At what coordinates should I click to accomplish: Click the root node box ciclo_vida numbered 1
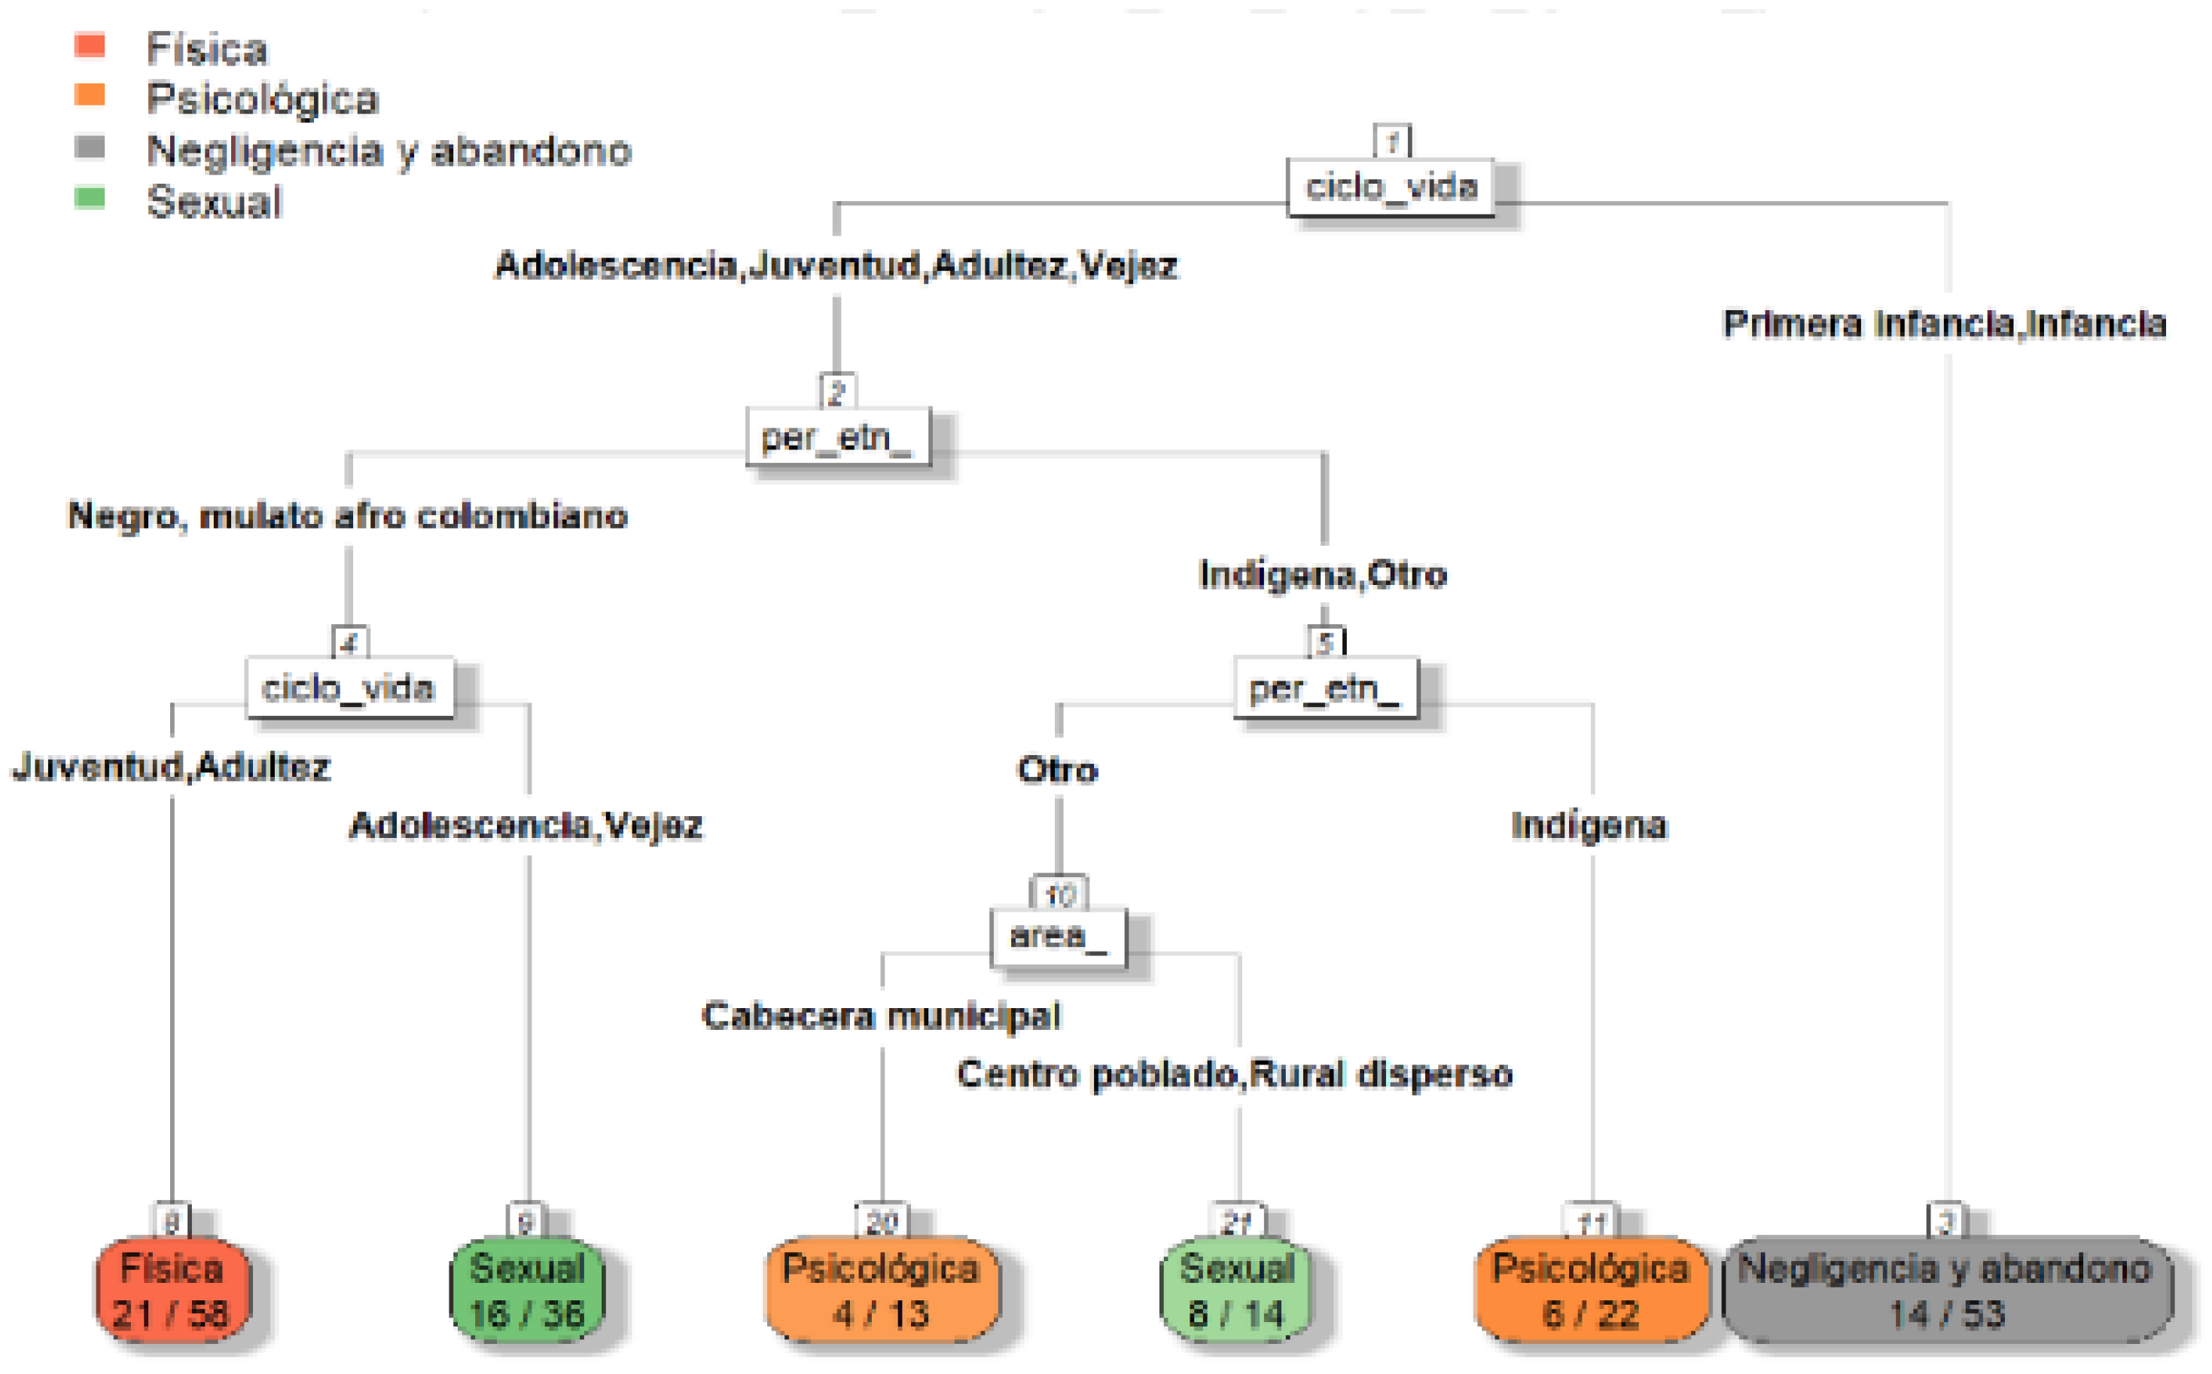coord(1391,188)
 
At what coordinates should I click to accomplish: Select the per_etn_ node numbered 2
coord(838,437)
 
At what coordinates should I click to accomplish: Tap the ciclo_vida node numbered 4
coord(349,688)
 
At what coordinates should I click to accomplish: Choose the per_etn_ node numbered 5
coord(1325,688)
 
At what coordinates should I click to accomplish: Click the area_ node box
coord(1058,936)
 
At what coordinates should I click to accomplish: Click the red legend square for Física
coord(90,44)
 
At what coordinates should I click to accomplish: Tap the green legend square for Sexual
coord(90,197)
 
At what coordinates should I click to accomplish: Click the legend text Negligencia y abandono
coord(389,151)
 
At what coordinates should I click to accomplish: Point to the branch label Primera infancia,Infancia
coord(1944,324)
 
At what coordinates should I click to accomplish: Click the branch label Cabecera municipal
coord(881,1016)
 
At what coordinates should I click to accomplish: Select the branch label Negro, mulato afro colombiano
coord(348,516)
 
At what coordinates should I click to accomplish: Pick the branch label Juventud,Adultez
coord(171,767)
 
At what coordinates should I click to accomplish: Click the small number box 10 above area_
coord(1059,894)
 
